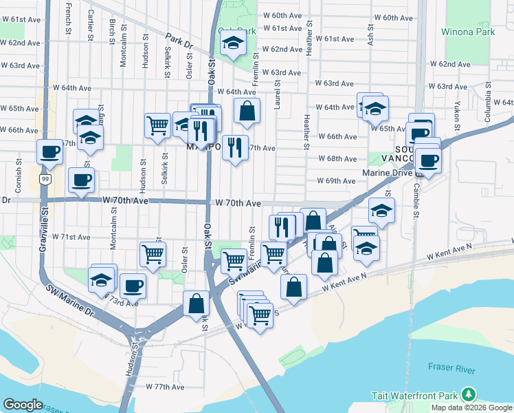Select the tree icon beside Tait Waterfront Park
[x=469, y=394]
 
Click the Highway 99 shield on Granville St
[x=45, y=179]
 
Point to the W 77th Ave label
[x=165, y=387]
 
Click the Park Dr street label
[x=180, y=43]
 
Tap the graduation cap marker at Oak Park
[x=233, y=44]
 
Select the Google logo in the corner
[x=23, y=405]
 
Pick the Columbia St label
[x=488, y=103]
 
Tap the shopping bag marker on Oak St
[x=197, y=303]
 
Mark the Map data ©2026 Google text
[x=471, y=407]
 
